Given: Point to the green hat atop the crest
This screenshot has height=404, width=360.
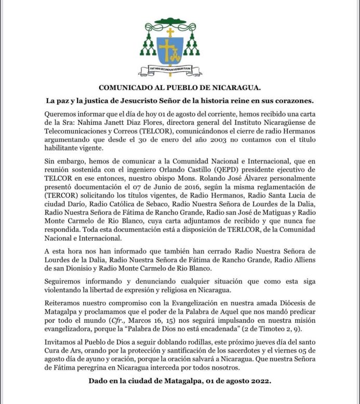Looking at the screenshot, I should (170, 25).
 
